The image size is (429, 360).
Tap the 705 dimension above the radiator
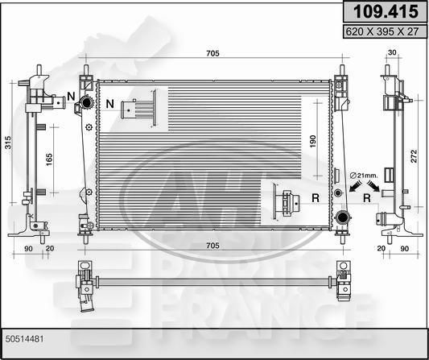pos(214,55)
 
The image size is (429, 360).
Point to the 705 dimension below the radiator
pos(214,246)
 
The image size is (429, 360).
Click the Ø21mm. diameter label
pos(365,175)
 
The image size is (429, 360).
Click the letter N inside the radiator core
pos(109,105)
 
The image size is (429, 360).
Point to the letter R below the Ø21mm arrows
pos(366,196)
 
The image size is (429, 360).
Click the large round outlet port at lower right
pos(344,217)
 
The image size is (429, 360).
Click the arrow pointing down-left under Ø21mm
pos(353,188)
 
